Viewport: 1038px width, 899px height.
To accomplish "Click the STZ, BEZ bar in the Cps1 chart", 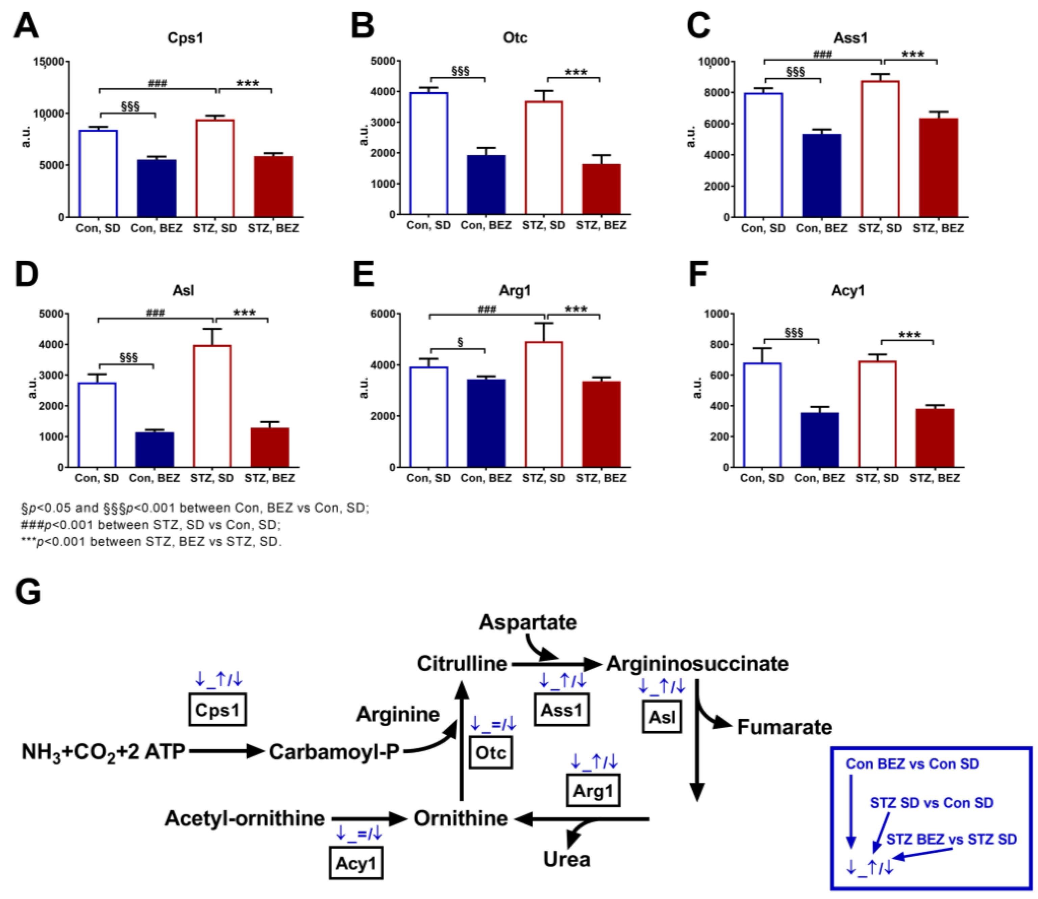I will tap(273, 187).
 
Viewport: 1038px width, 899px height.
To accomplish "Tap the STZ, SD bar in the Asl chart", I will tap(212, 406).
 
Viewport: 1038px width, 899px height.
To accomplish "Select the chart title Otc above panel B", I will tap(515, 38).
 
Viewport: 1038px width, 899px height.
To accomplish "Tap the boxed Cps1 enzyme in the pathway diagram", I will tap(217, 710).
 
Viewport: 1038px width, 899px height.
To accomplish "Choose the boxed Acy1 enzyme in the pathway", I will tap(356, 863).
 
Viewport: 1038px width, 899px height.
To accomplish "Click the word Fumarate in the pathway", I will tap(785, 727).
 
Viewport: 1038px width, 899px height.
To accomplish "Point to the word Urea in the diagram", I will tap(567, 859).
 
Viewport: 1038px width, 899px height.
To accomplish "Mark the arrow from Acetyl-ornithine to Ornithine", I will tap(369, 819).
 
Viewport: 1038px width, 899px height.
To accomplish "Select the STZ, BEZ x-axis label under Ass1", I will tap(938, 229).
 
